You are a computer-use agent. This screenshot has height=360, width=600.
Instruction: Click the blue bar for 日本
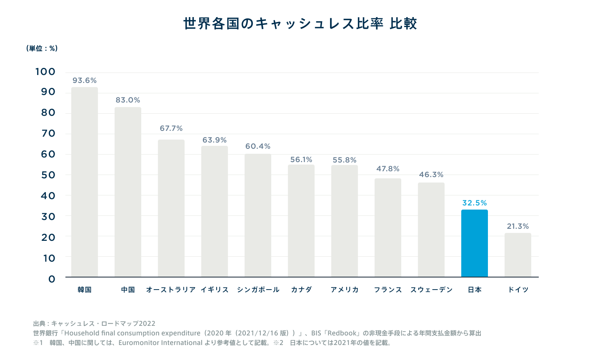point(474,243)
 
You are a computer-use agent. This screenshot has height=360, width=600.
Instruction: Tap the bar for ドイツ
point(517,255)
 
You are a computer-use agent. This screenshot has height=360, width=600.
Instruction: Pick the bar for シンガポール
point(258,215)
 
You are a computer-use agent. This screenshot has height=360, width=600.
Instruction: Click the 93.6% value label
point(85,80)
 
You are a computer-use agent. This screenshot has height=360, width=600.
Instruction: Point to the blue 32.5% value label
point(475,203)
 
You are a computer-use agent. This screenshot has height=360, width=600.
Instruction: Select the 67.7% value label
point(171,128)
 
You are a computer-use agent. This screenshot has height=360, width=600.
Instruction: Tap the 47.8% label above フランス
point(388,169)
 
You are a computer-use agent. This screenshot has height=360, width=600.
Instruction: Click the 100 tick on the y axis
point(45,72)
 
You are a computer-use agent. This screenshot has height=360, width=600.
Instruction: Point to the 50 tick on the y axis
point(48,175)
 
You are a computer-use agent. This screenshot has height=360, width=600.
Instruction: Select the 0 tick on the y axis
point(52,279)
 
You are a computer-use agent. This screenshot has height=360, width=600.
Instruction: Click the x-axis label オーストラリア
point(171,290)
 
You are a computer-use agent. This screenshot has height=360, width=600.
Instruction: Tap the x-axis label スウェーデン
point(431,290)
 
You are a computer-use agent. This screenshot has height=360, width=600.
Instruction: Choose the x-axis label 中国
point(128,290)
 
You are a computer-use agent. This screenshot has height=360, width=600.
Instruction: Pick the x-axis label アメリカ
point(345,290)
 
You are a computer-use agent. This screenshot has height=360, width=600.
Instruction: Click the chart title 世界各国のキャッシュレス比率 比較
point(300,23)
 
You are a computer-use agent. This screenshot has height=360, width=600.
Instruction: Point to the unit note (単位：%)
point(42,48)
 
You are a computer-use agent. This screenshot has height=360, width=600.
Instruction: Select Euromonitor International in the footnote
point(160,343)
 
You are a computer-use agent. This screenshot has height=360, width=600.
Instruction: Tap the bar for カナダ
point(301,221)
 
